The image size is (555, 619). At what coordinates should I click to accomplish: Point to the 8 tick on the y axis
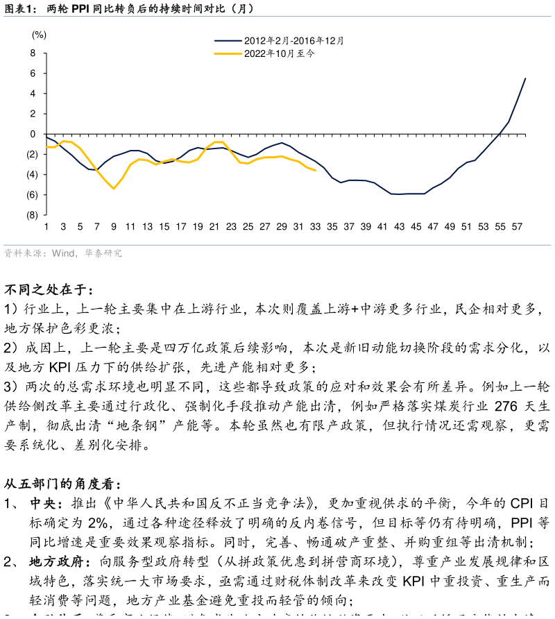(x=33, y=53)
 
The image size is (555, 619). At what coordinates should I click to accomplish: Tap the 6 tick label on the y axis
(x=33, y=73)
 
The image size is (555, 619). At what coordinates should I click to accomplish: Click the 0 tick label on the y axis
(x=33, y=134)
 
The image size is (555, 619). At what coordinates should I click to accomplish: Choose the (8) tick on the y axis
(x=32, y=215)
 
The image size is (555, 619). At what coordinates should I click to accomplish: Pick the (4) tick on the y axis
(x=32, y=175)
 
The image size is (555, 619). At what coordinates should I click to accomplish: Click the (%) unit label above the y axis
(x=39, y=35)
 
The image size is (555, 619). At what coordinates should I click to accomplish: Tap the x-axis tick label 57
(x=517, y=227)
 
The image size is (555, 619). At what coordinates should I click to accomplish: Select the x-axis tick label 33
(x=315, y=227)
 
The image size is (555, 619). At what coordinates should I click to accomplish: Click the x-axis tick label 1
(x=46, y=227)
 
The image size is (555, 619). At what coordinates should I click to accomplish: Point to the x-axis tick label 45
(x=416, y=227)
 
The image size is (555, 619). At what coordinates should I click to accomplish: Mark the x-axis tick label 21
(x=214, y=227)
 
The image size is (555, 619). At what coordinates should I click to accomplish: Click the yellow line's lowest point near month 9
(x=114, y=189)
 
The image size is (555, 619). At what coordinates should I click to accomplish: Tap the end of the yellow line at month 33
(x=316, y=171)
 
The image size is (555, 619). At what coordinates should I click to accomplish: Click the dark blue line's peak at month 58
(x=525, y=78)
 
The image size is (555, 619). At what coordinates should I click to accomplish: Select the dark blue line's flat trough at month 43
(x=400, y=194)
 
